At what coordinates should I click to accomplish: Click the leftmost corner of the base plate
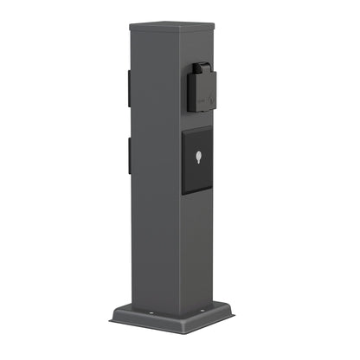pyautogui.click(x=112, y=318)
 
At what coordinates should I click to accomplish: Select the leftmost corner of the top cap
pyautogui.click(x=130, y=27)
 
